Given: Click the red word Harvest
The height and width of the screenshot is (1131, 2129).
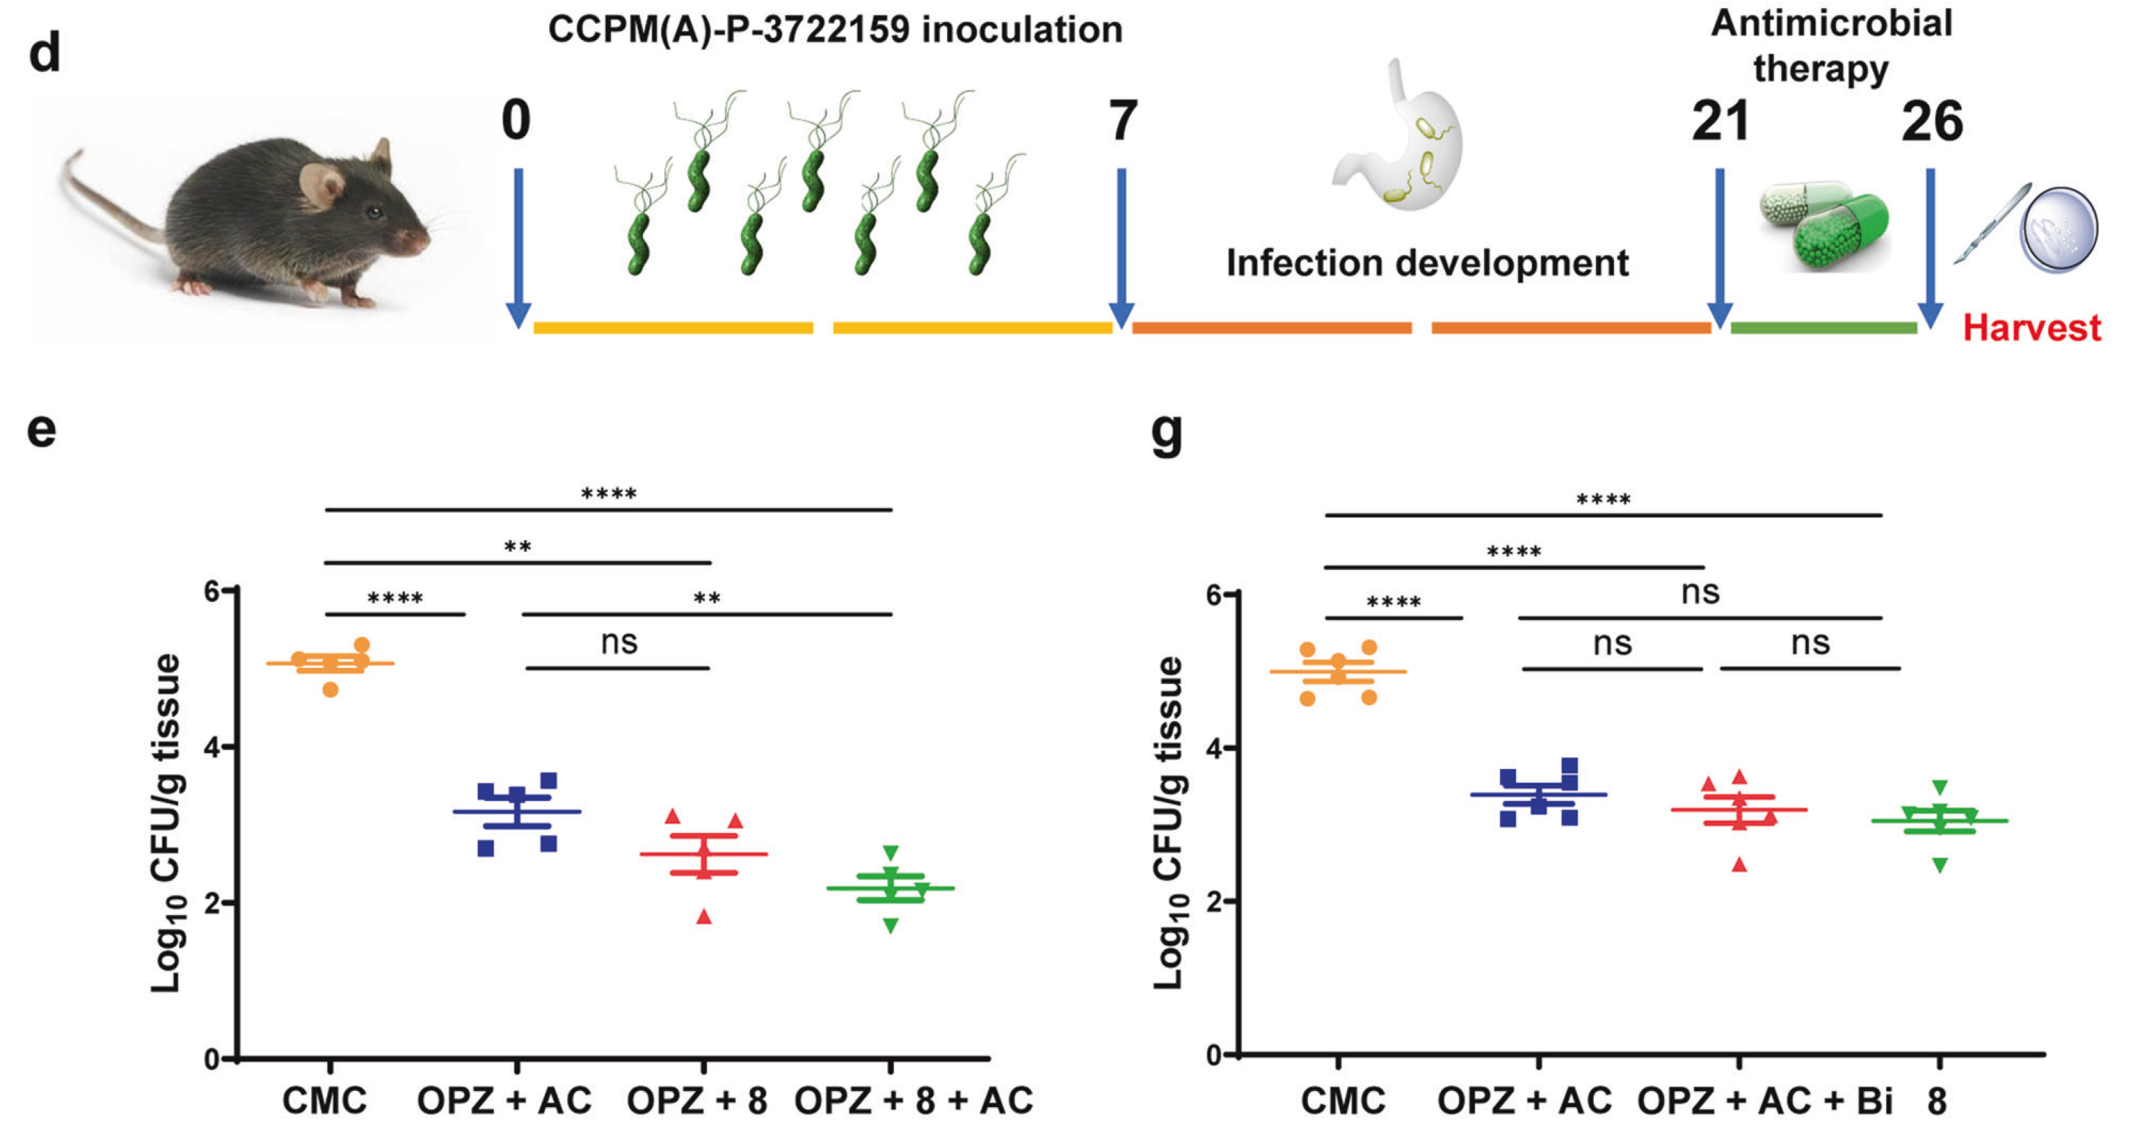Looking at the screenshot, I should coord(2031,328).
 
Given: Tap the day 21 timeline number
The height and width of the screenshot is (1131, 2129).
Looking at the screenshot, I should coord(1720,121).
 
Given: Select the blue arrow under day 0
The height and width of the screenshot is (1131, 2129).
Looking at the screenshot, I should coord(518,247).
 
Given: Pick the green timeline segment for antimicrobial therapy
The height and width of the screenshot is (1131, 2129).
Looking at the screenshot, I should coord(1824,328).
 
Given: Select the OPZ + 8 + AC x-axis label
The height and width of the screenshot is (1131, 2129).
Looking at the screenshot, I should coord(914,1100).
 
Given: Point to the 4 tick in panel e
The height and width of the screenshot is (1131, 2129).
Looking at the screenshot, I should coord(212,746).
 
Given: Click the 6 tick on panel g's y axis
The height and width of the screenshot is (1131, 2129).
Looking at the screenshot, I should coord(1214,595).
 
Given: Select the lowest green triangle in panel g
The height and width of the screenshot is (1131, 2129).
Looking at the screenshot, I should coord(1940,865).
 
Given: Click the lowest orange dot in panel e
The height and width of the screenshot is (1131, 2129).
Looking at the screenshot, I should coord(331,689).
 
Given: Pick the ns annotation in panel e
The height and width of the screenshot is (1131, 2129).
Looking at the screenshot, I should coord(619,643).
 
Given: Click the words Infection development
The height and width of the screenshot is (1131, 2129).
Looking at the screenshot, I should coord(1427,264).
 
